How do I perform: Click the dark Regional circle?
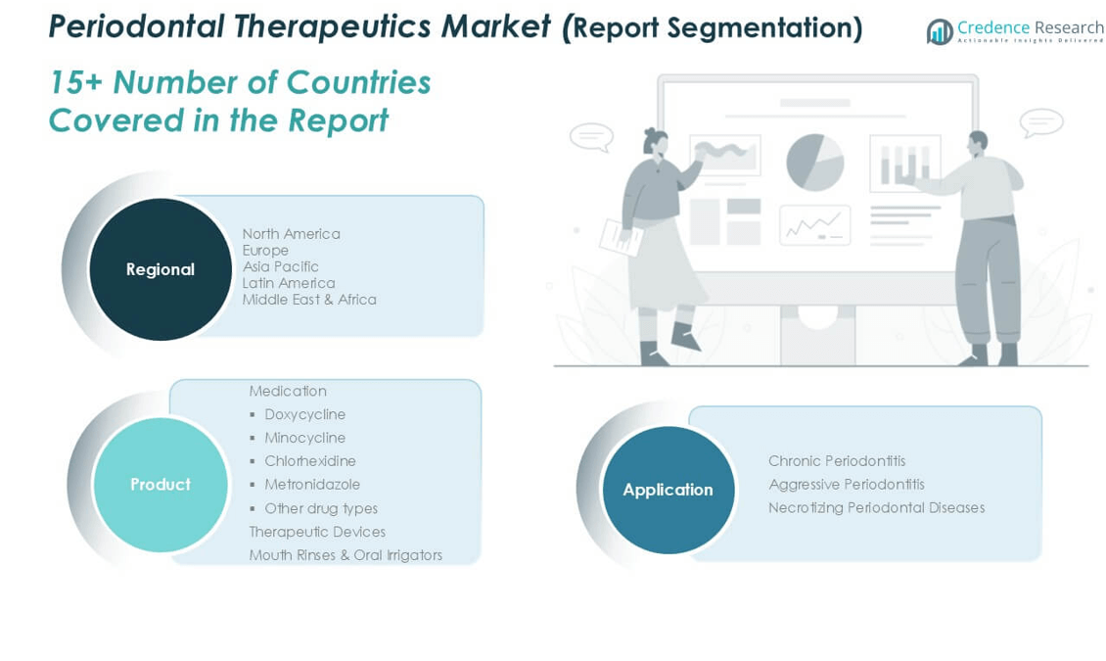[161, 269]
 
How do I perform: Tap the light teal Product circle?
[161, 485]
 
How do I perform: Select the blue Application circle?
[668, 490]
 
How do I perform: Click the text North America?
[292, 233]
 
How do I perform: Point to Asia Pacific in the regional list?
[281, 266]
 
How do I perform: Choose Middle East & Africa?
[309, 299]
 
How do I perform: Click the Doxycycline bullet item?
[304, 415]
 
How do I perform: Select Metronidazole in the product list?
[312, 485]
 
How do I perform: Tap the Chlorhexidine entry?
[310, 461]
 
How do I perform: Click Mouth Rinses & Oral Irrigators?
[346, 555]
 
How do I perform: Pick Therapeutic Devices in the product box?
[317, 532]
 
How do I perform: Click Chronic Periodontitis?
[837, 461]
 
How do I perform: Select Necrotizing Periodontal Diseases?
[877, 508]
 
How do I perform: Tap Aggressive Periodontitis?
[847, 485]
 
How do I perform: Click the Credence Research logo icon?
[940, 31]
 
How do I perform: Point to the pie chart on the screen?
[815, 163]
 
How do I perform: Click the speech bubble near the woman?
[592, 137]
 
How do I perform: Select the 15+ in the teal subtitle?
[75, 82]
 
